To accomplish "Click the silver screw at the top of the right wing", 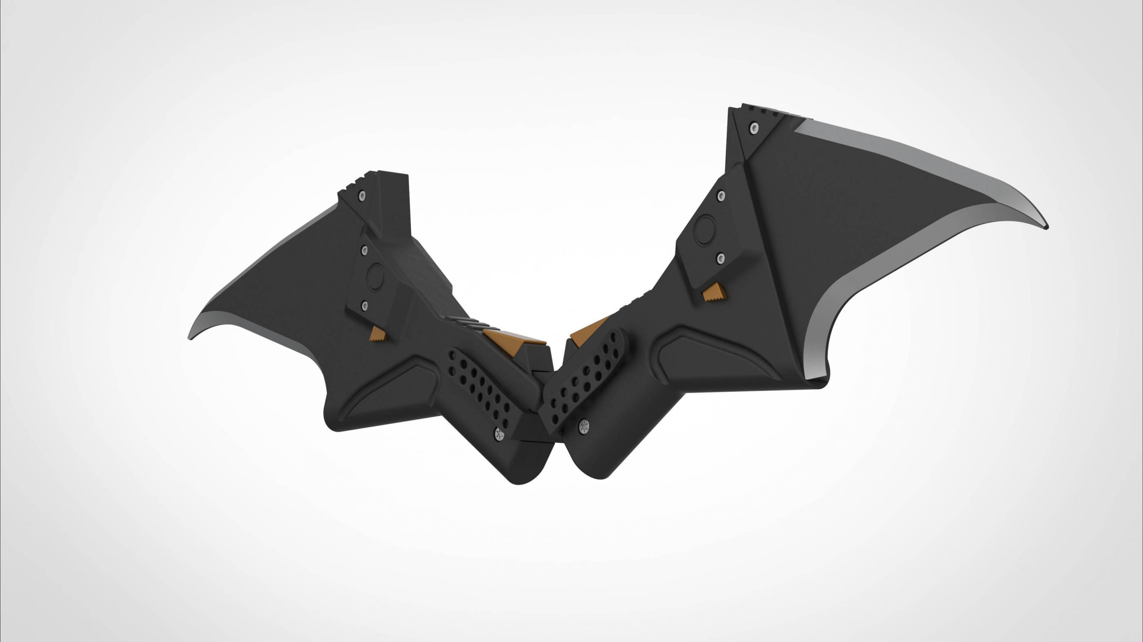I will [x=753, y=128].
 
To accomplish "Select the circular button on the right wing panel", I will [x=705, y=230].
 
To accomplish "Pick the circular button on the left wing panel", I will [x=376, y=277].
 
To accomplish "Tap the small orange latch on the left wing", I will [x=378, y=334].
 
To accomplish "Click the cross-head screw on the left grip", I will [x=499, y=434].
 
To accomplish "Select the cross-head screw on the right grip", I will [x=584, y=427].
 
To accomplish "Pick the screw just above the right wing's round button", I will [x=720, y=196].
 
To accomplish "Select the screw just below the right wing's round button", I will [x=720, y=258].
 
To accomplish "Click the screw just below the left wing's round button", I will [x=364, y=305].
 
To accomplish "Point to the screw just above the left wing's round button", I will [x=363, y=250].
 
